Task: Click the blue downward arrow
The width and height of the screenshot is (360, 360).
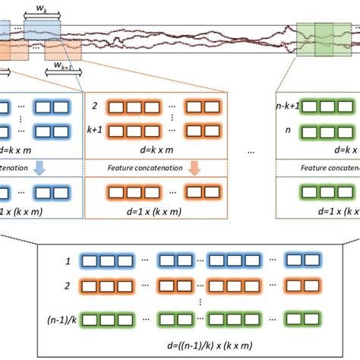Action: (x=40, y=167)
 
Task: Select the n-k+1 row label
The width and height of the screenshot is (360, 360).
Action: (x=286, y=108)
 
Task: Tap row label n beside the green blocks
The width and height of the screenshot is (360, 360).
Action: (x=287, y=131)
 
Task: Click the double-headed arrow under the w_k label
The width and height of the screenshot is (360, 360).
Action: (x=36, y=16)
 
